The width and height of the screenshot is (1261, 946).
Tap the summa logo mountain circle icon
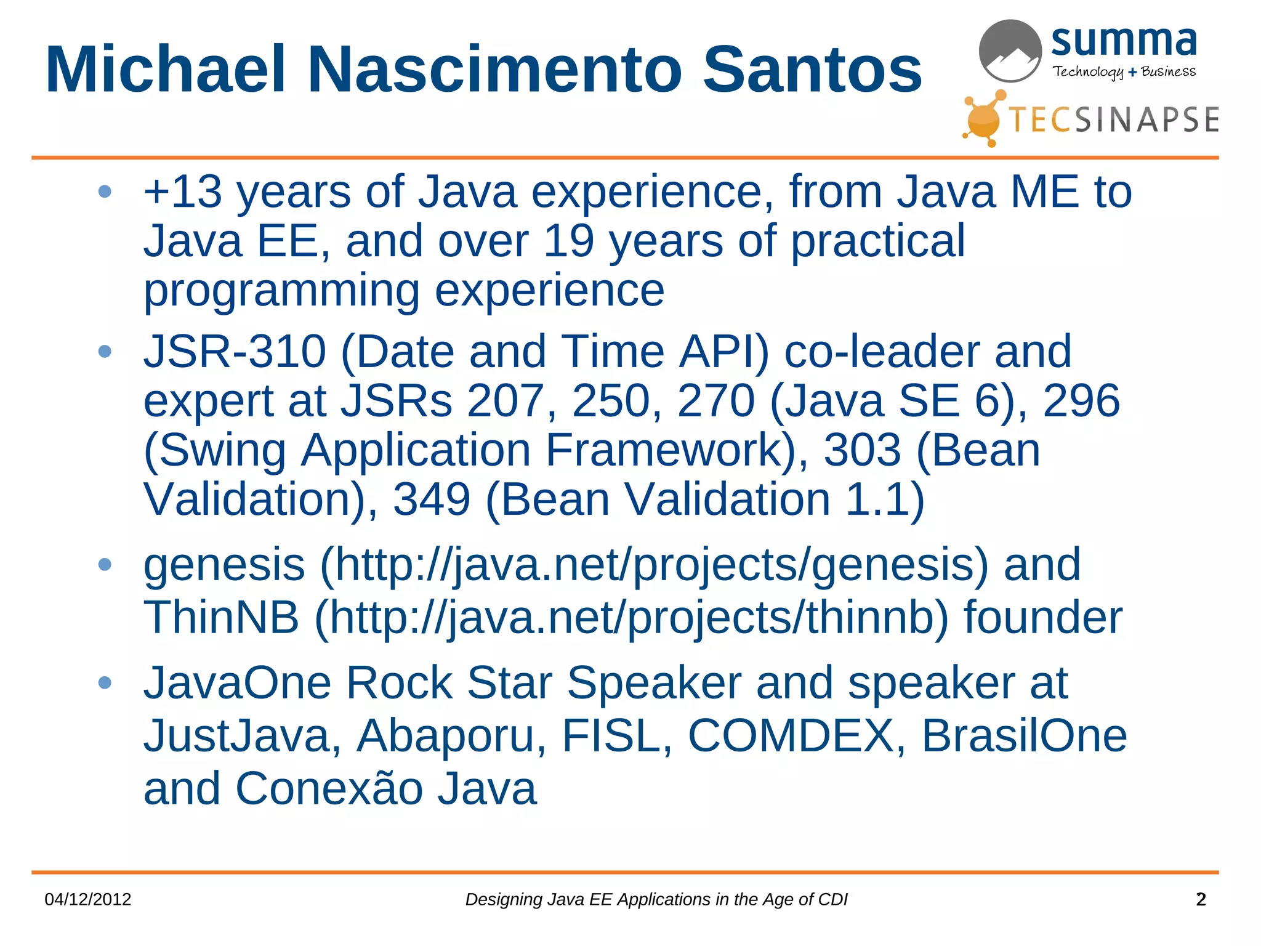pyautogui.click(x=1010, y=51)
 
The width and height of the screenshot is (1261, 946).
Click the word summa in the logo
pyautogui.click(x=1123, y=42)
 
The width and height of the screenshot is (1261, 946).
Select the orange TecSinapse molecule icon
pyautogui.click(x=985, y=118)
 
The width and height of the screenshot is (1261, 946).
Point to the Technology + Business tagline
pyautogui.click(x=1124, y=71)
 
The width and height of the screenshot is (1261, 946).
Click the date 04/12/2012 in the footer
pyautogui.click(x=88, y=899)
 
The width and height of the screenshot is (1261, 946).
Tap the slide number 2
pyautogui.click(x=1201, y=899)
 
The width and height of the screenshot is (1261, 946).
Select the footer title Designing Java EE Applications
pyautogui.click(x=656, y=899)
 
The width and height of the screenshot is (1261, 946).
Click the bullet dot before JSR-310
pyautogui.click(x=105, y=352)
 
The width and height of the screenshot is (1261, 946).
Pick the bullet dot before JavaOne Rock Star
pyautogui.click(x=105, y=682)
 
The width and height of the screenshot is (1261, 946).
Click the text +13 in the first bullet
pyautogui.click(x=182, y=192)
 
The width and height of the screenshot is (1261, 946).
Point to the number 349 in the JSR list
pyautogui.click(x=431, y=499)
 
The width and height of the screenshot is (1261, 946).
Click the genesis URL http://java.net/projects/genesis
pyautogui.click(x=654, y=565)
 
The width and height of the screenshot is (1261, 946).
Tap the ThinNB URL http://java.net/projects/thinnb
pyautogui.click(x=632, y=618)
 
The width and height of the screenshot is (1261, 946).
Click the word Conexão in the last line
pyautogui.click(x=329, y=788)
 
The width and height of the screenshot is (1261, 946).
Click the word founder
pyautogui.click(x=1042, y=618)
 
